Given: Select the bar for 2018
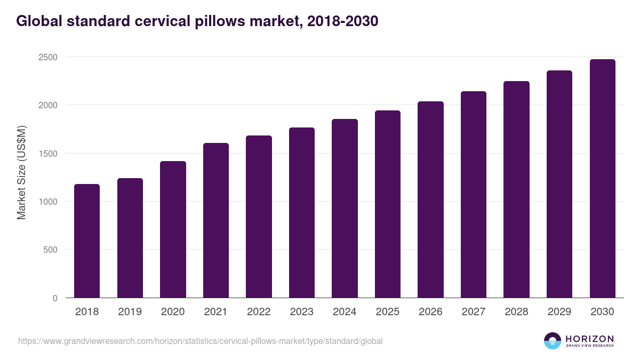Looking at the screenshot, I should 87,241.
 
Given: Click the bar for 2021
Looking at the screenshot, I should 216,220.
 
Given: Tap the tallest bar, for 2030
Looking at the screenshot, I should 602,179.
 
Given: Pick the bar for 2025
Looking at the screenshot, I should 388,204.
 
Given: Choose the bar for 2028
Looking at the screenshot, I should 516,189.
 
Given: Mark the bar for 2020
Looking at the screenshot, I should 173,229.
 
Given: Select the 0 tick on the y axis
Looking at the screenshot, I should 55,298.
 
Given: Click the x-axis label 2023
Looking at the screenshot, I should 302,312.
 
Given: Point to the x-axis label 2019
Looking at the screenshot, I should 130,312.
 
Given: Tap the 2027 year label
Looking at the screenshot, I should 474,312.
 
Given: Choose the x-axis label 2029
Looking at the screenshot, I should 559,312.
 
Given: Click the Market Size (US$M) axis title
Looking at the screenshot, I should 21,172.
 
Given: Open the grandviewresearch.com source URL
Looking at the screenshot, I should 200,341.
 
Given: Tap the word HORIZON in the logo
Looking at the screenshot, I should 589,339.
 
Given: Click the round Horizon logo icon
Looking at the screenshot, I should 553,341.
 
